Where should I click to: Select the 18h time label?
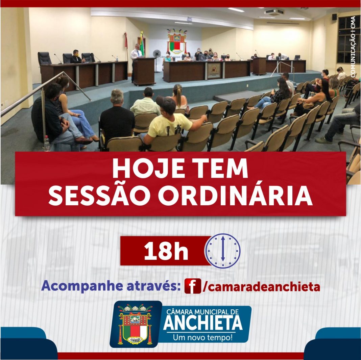[166, 251]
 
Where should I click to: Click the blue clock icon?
[223, 251]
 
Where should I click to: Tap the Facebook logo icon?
[193, 286]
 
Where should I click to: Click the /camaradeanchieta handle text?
[261, 287]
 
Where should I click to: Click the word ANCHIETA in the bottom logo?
[203, 323]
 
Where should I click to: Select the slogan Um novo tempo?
[202, 337]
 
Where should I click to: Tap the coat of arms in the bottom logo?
[135, 324]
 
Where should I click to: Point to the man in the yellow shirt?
[171, 122]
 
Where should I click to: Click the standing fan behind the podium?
[157, 60]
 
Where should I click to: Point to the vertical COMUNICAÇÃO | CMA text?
[353, 47]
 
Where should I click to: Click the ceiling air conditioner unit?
[274, 11]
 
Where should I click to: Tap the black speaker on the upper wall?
[334, 17]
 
